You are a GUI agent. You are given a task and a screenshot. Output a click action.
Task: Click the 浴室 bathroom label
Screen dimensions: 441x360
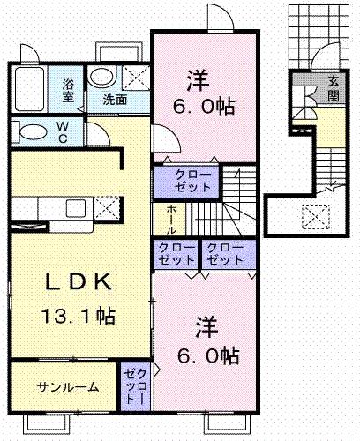68,89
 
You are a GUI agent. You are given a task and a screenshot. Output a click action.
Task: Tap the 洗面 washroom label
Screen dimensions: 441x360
115,100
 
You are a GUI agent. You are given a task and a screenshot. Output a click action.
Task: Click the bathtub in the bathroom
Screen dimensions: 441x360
29,88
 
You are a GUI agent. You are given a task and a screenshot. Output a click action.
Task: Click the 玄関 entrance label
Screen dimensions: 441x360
334,88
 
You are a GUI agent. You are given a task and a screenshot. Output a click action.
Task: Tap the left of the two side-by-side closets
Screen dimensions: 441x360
177,255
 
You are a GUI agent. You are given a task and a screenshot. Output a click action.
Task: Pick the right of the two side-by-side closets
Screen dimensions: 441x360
226,255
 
